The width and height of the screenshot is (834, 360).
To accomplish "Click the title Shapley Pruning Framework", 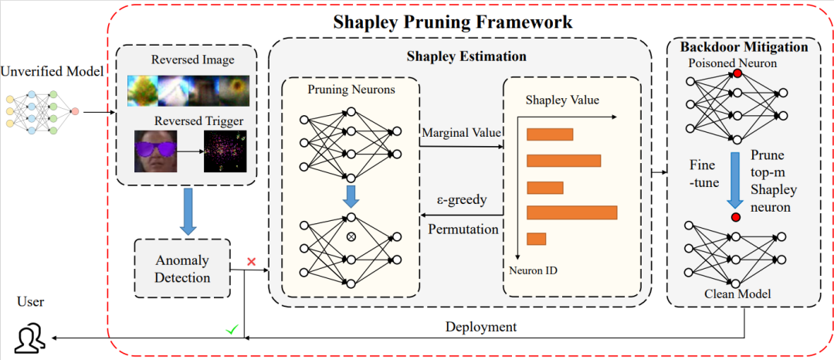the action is [x=453, y=22].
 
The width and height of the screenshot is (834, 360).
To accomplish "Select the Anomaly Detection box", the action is [x=182, y=268].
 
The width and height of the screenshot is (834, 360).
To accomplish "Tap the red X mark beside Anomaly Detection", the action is [x=252, y=262].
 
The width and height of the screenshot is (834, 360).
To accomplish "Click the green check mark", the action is [x=231, y=330].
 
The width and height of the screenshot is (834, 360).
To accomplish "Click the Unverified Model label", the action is [x=53, y=71].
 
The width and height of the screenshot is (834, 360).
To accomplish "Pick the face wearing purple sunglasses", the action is [x=155, y=151].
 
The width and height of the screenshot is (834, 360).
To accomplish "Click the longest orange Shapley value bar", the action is [x=571, y=212].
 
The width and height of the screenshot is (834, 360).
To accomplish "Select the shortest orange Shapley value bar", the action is [x=536, y=239].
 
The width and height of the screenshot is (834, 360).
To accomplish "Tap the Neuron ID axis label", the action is [x=533, y=270].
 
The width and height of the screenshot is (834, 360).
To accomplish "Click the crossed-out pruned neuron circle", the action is [x=351, y=236].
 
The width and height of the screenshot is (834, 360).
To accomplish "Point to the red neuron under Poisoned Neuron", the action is [x=737, y=73].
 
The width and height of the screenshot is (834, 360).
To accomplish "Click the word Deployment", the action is [x=481, y=326].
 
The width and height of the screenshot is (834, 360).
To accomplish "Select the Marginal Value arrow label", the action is [x=460, y=132].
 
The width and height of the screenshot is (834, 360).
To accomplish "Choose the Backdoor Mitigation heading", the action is [x=744, y=47].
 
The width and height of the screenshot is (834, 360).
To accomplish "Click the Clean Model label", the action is [x=737, y=294].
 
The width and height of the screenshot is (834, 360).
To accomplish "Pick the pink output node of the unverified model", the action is [x=76, y=112].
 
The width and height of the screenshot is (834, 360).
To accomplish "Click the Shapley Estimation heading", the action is [x=466, y=56].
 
